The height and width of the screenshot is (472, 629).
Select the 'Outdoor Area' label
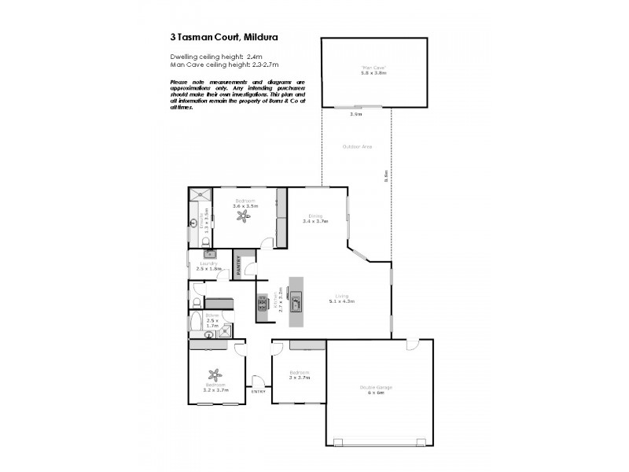coord(357,147)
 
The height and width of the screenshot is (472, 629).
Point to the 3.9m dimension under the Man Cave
coord(355,115)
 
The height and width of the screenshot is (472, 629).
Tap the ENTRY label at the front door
coord(258,391)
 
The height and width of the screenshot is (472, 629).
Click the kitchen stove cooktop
coord(261,304)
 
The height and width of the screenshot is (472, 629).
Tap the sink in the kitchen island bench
coord(297,297)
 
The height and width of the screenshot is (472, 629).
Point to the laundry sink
coord(209,254)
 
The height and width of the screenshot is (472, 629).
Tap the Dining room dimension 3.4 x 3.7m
coord(315,221)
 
